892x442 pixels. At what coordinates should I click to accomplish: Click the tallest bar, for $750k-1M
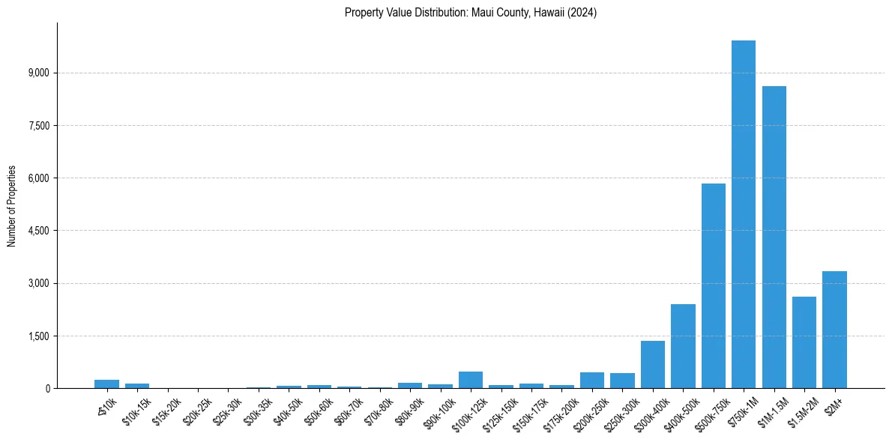743,214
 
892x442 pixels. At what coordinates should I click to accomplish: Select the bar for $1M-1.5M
774,237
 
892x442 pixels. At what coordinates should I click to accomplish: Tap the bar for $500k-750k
713,285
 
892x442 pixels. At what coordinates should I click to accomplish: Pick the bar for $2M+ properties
834,330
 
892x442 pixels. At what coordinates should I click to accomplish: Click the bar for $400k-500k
683,346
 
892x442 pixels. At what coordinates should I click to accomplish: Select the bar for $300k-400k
652,365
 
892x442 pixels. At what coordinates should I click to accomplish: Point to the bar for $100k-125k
471,380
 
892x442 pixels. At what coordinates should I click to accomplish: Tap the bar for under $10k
106,384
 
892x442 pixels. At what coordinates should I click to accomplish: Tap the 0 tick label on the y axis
46,388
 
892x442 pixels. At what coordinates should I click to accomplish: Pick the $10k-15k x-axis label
135,410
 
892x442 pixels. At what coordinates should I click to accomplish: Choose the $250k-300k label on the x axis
619,411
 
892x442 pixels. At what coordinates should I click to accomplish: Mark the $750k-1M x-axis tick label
741,411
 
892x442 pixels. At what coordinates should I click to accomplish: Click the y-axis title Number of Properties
12,205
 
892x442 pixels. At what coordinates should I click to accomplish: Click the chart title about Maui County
471,13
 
